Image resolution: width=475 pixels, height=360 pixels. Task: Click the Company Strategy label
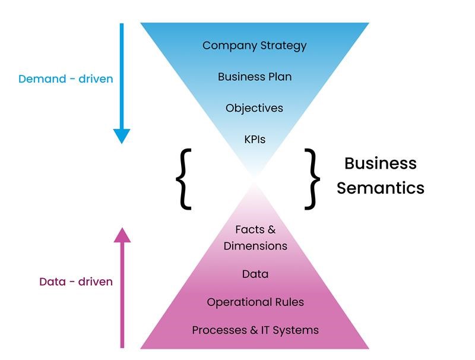pos(254,45)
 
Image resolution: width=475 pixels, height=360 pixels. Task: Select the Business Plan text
pos(254,77)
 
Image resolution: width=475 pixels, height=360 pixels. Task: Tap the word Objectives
pos(254,108)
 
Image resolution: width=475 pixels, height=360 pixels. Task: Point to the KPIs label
pos(255,140)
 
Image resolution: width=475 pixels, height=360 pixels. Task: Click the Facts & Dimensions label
pos(255,238)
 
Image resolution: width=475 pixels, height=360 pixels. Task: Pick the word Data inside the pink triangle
pos(255,274)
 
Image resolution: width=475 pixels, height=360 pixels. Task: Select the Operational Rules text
pos(255,302)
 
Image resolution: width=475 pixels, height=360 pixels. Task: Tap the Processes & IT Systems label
pos(255,330)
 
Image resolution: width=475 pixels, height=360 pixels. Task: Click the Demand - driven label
pos(65,78)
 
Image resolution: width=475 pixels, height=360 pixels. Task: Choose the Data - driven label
pos(75,282)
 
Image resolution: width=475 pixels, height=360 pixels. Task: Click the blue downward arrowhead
pos(122,136)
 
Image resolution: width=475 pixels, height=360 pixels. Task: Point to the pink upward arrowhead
pos(122,235)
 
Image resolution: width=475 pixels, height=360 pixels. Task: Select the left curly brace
pos(185,179)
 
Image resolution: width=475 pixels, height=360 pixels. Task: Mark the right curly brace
pos(312,179)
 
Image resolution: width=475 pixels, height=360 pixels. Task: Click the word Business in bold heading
pos(381,163)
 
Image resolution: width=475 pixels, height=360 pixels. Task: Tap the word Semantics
pos(381,188)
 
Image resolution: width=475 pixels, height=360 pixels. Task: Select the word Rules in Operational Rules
pos(289,302)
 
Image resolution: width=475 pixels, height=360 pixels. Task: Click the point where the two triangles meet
pos(255,176)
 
